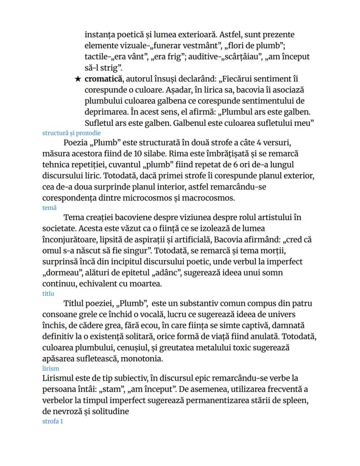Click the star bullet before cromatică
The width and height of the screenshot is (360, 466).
[78, 79]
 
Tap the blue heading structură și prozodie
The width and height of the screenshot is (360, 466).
[71, 133]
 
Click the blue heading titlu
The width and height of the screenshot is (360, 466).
[48, 293]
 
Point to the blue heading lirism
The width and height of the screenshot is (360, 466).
[50, 368]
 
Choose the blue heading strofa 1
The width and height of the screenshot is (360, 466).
[53, 421]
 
